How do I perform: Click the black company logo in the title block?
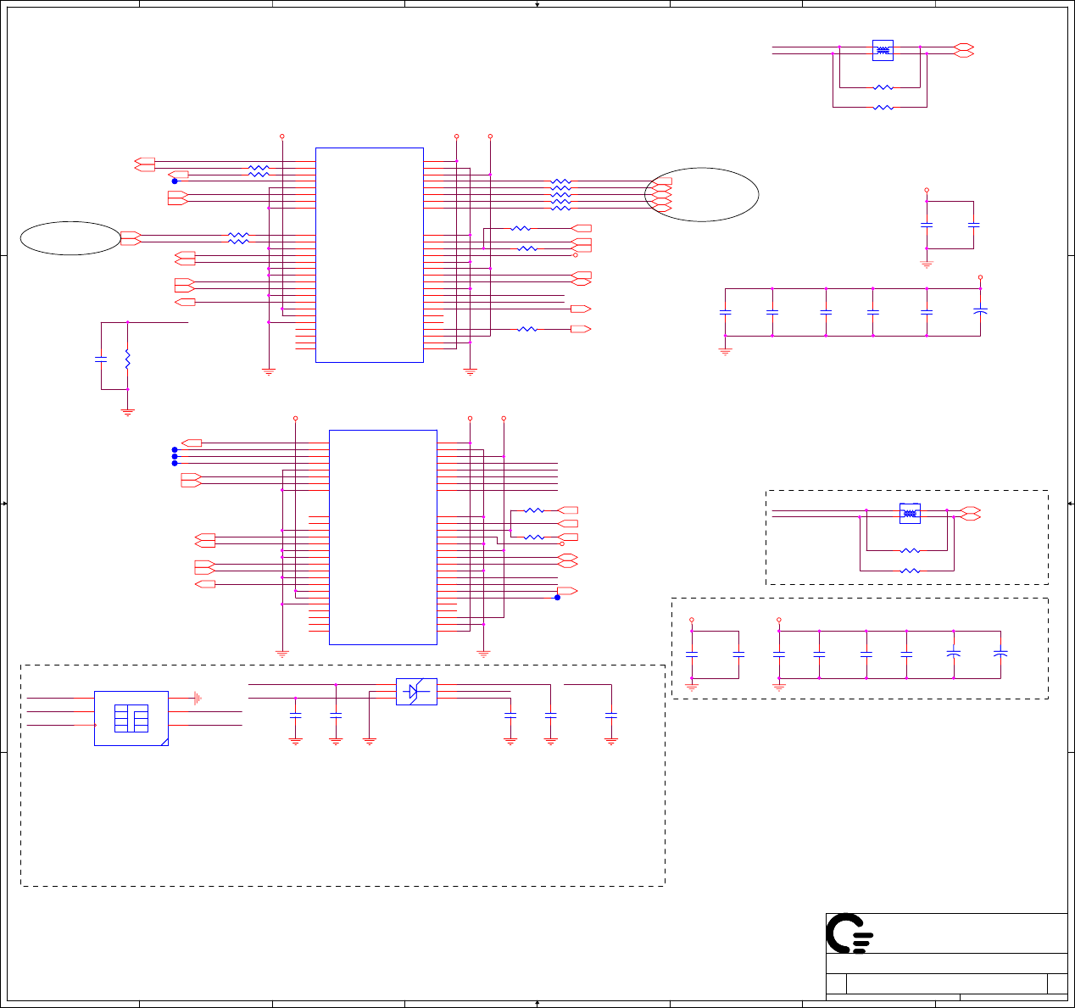point(849,933)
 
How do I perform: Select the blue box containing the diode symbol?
point(416,692)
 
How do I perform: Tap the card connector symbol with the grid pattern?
point(131,718)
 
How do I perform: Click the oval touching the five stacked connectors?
point(702,195)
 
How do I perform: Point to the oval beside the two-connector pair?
point(70,238)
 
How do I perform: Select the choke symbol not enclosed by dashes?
point(883,51)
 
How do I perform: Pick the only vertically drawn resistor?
point(127,359)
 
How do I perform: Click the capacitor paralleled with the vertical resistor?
point(101,359)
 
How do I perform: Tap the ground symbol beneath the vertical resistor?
point(127,412)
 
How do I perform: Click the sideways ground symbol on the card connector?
point(197,698)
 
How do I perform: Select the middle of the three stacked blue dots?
point(175,456)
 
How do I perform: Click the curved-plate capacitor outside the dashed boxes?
point(980,312)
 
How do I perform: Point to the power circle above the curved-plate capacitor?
point(980,277)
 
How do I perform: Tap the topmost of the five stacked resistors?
point(560,181)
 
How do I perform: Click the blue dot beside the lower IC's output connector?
point(557,597)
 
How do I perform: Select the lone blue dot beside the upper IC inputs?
point(175,181)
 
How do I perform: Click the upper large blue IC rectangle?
point(369,255)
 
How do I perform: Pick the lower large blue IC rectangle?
point(382,537)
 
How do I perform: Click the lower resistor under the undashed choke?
point(883,108)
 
